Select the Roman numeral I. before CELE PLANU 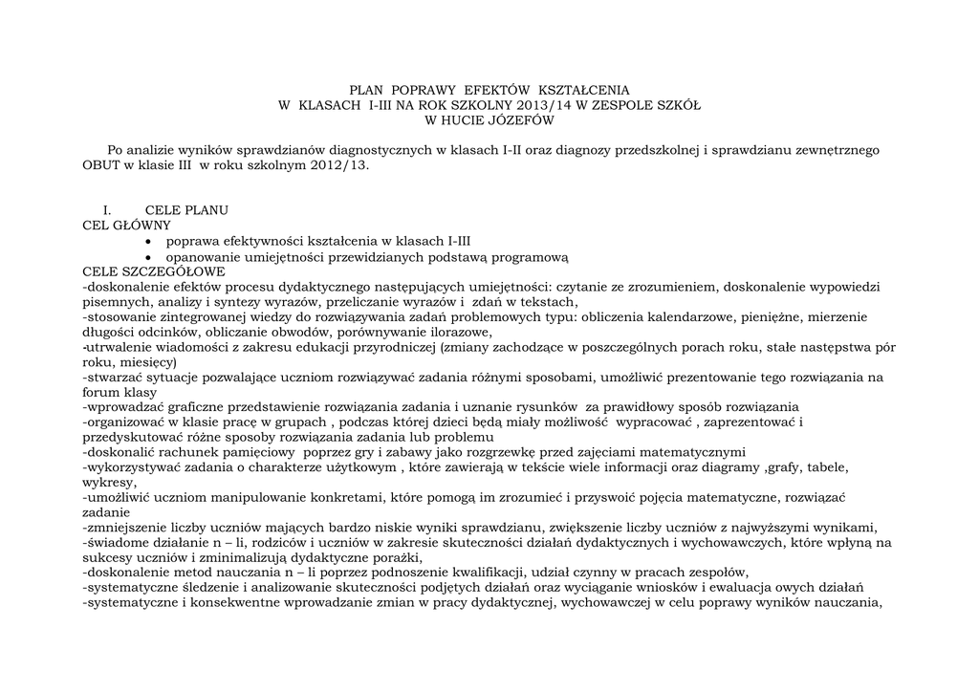coord(108,210)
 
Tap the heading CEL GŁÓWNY coord(127,226)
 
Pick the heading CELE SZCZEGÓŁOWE coord(154,271)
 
